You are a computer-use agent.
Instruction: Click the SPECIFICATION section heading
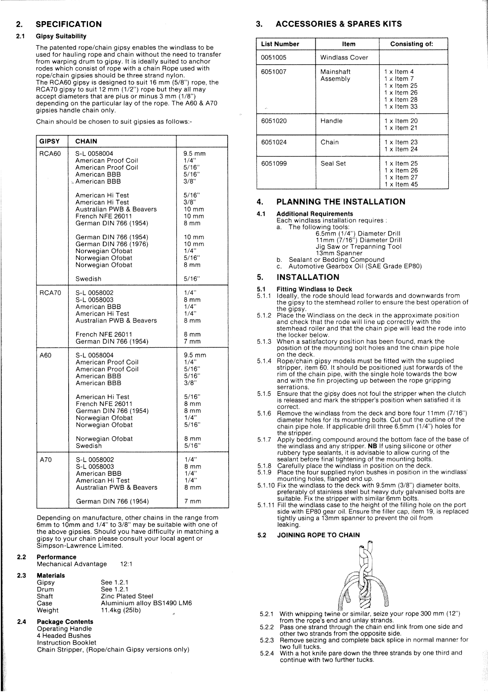pyautogui.click(x=69, y=24)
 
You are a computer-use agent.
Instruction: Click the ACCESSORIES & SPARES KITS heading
pyautogui.click(x=339, y=24)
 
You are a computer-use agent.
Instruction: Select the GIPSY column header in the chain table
pyautogui.click(x=50, y=141)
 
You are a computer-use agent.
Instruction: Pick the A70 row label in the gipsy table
pyautogui.click(x=45, y=460)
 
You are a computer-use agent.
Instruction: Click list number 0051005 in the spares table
pyautogui.click(x=274, y=58)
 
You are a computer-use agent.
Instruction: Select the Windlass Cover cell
pyautogui.click(x=344, y=58)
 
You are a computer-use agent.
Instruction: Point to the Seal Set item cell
pyautogui.click(x=333, y=164)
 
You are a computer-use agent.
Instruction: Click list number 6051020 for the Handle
pyautogui.click(x=274, y=121)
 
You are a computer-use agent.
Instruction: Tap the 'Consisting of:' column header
pyautogui.click(x=412, y=44)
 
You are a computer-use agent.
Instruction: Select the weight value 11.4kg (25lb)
pyautogui.click(x=121, y=610)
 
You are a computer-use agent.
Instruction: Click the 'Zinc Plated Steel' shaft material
pyautogui.click(x=127, y=596)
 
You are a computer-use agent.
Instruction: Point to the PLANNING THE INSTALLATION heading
pyautogui.click(x=341, y=202)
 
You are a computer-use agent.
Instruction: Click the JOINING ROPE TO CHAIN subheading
pyautogui.click(x=318, y=535)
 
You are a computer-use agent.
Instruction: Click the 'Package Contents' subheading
pyautogui.click(x=65, y=622)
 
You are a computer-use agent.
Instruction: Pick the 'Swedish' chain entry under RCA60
pyautogui.click(x=88, y=279)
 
